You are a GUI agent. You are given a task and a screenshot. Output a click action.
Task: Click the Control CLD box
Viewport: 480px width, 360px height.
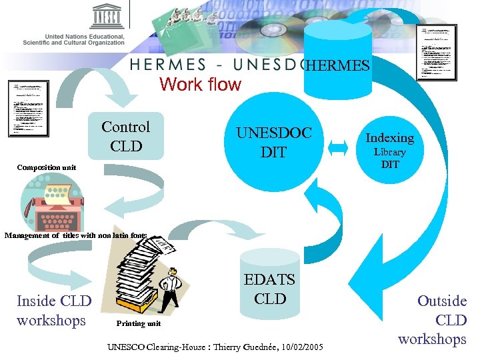point(126,136)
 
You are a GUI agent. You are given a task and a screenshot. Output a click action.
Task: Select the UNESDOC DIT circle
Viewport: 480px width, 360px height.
point(273,142)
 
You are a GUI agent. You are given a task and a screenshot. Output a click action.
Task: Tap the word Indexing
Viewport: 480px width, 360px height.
point(390,138)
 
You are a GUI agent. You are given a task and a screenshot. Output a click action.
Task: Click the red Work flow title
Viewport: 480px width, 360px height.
point(200,85)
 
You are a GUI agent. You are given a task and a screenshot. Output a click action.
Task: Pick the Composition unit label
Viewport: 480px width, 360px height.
point(47,168)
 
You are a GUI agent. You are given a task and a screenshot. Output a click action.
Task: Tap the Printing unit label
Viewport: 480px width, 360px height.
point(138,323)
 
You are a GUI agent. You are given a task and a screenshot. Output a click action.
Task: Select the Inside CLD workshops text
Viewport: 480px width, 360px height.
point(54,311)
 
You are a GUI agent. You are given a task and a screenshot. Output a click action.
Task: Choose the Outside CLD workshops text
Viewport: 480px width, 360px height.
point(433,320)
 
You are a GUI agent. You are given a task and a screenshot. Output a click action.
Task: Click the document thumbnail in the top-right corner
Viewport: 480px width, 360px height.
point(437,52)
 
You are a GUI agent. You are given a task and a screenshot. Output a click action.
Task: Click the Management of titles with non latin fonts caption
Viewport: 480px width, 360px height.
point(75,235)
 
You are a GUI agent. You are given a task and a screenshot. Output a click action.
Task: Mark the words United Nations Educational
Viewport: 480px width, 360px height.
point(84,36)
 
